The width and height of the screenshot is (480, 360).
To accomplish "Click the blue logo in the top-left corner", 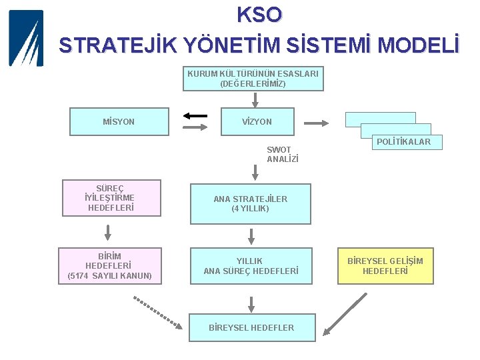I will (x=25, y=38).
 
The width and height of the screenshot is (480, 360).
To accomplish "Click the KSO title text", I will (x=259, y=15).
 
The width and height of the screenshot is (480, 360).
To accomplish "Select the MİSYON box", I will (x=119, y=122).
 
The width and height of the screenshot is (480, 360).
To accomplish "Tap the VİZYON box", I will (x=257, y=122).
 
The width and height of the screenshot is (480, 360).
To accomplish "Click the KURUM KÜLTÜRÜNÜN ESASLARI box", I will (x=253, y=79).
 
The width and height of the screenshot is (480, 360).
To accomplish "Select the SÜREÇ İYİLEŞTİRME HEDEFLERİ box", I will (x=111, y=198).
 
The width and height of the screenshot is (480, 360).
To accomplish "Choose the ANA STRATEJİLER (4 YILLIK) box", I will (x=251, y=203).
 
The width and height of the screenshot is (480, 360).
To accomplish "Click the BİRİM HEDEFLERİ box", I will (x=110, y=266).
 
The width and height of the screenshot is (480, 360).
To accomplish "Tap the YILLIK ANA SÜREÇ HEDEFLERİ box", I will (x=251, y=266).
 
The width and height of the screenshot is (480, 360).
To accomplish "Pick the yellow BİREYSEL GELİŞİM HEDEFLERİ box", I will (x=385, y=266).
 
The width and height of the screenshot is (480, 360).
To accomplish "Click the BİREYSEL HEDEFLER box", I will (x=251, y=328).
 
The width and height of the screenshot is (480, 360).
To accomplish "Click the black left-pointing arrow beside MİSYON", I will (x=195, y=115).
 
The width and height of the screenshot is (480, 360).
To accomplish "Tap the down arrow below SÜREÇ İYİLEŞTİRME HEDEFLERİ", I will (x=108, y=232).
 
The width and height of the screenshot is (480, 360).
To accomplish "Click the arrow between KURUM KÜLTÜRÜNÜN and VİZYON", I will (x=255, y=100).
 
